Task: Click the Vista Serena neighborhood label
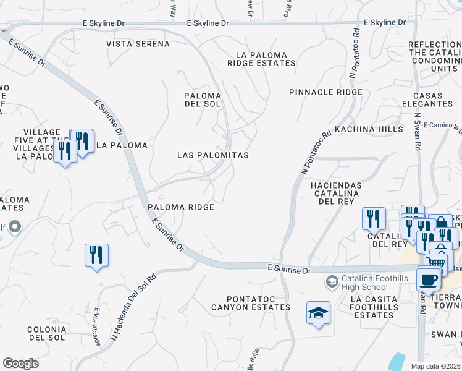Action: pos(138,44)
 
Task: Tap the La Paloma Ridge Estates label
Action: pos(261,59)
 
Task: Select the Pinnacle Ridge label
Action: pos(325,92)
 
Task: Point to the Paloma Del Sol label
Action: pos(203,100)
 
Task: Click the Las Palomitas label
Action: pos(213,155)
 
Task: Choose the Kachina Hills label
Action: pos(368,129)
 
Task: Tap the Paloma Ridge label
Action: pos(180,207)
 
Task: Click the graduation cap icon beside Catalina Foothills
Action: pos(332,282)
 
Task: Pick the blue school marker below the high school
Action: pos(318,313)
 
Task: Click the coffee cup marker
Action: pos(429,280)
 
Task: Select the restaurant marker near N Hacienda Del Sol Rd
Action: pos(96,255)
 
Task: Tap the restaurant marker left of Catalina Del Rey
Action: pos(374,218)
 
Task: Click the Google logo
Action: pos(20,364)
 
